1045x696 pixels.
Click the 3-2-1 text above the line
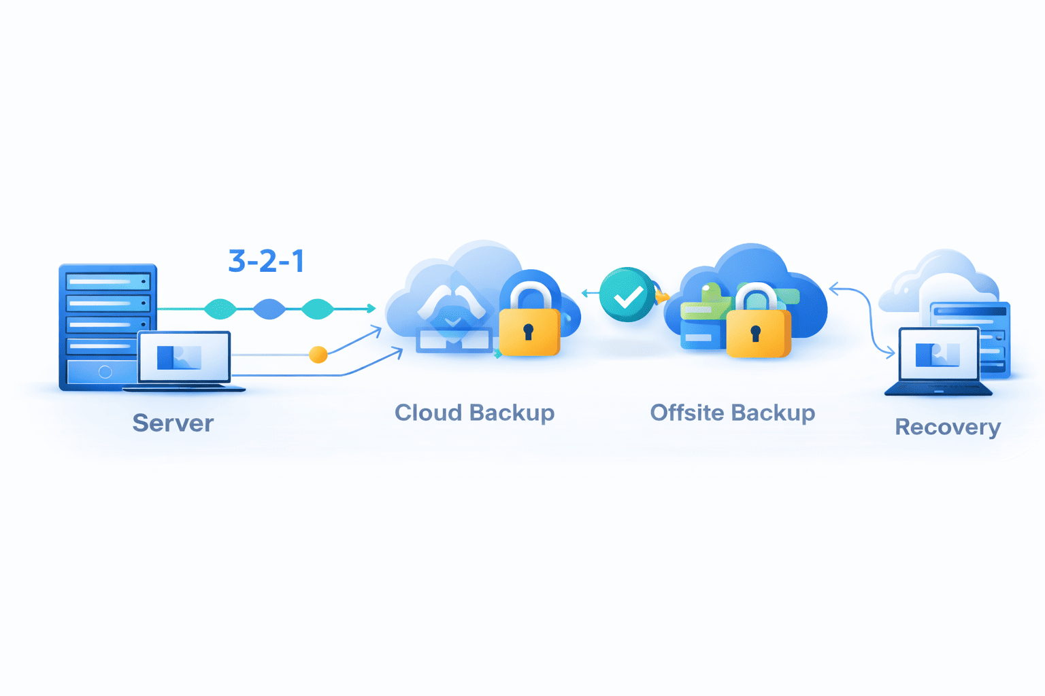pyautogui.click(x=266, y=261)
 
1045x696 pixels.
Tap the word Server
pyautogui.click(x=173, y=423)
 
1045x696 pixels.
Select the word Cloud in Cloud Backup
pyautogui.click(x=429, y=413)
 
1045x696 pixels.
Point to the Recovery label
pyautogui.click(x=947, y=427)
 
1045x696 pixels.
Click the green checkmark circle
pyautogui.click(x=627, y=295)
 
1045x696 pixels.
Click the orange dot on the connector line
pyautogui.click(x=318, y=354)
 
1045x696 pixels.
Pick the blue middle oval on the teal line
pyautogui.click(x=269, y=309)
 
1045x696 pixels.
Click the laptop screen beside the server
pyautogui.click(x=184, y=357)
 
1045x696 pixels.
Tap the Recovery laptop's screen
pyautogui.click(x=939, y=354)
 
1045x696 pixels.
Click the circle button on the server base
pyautogui.click(x=105, y=372)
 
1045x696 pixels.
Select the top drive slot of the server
pyautogui.click(x=107, y=281)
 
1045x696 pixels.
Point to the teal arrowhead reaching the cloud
pyautogui.click(x=371, y=309)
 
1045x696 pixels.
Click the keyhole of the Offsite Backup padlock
pyautogui.click(x=755, y=333)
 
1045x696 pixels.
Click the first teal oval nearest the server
pyautogui.click(x=220, y=309)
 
